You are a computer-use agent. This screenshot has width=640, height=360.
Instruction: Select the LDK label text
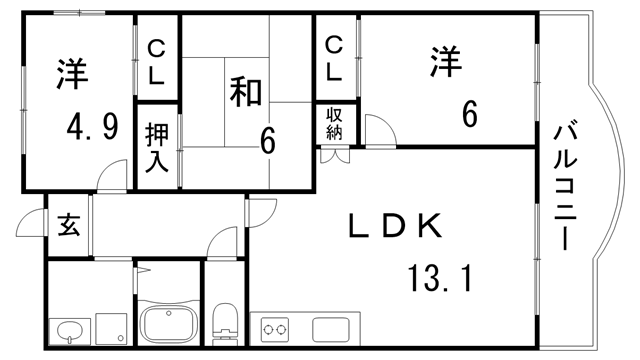[395, 226]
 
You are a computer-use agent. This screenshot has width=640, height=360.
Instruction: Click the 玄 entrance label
[67, 222]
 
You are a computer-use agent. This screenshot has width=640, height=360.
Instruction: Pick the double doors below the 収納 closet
[334, 154]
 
